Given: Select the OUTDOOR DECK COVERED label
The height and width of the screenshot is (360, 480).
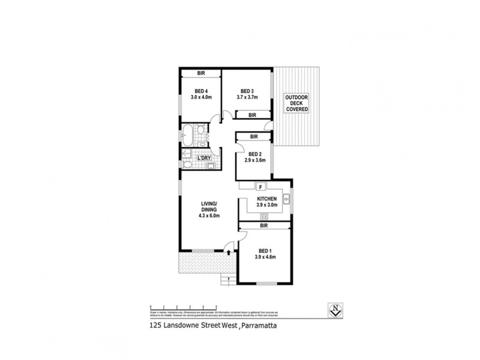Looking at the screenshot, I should (x=296, y=103).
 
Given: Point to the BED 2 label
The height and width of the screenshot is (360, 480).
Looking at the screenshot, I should (x=256, y=153).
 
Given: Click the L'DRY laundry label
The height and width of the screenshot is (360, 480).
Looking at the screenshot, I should (x=205, y=158).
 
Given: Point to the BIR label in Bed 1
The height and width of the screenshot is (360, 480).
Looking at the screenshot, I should (x=264, y=226).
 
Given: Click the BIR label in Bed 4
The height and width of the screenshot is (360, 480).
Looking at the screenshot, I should (x=200, y=74).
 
